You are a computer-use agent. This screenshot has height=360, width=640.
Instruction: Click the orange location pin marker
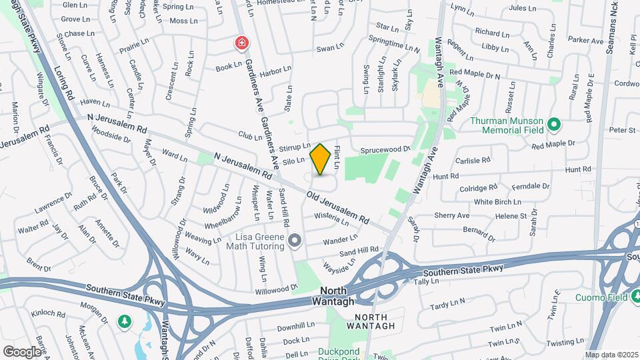320,159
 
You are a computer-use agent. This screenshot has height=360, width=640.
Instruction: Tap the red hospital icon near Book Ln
241,44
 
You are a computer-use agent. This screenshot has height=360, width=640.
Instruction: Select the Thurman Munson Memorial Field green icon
553,124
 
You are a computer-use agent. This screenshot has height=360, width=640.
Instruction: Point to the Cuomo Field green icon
633,297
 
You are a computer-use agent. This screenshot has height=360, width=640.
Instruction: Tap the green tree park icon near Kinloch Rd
124,323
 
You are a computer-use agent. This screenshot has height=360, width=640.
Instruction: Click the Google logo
22,351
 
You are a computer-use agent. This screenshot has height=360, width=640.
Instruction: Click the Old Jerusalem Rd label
338,208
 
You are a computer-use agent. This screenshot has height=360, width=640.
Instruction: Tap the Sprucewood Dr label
385,151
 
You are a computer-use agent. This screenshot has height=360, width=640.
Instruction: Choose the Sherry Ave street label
452,215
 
